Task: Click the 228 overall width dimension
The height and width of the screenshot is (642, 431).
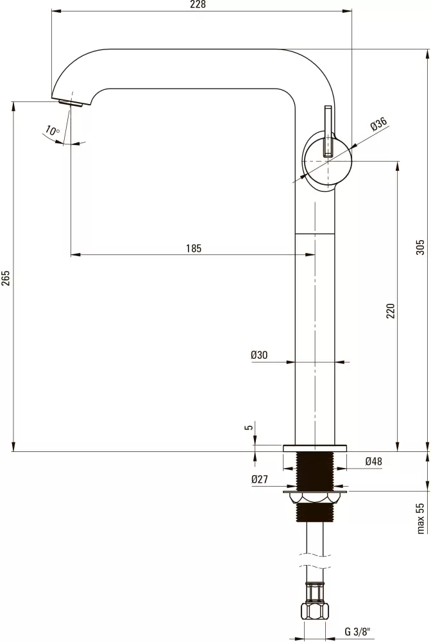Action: tap(198, 4)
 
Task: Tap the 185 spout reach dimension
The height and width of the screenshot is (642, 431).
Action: tap(194, 248)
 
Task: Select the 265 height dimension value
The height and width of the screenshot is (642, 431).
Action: tap(6, 278)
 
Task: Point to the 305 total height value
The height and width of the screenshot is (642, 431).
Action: tap(420, 247)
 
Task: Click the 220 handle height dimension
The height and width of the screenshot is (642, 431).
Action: tap(391, 311)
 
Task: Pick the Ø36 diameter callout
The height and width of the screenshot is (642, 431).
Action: tap(379, 124)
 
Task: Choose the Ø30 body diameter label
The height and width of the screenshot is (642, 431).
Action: tap(259, 355)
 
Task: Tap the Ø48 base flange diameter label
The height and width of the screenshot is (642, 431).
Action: tap(373, 462)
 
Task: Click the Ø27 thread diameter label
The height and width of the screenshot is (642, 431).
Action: tap(260, 479)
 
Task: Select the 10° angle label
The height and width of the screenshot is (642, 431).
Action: tap(52, 131)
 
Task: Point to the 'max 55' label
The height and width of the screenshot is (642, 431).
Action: tap(421, 518)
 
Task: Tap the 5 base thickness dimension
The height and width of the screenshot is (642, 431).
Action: tap(249, 428)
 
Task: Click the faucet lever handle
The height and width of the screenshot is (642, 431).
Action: tap(328, 132)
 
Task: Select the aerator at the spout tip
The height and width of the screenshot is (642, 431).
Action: tap(71, 102)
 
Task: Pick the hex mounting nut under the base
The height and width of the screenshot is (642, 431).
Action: tap(314, 498)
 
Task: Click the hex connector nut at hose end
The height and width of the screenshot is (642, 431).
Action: tap(315, 611)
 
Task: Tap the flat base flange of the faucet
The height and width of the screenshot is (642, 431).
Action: tap(314, 448)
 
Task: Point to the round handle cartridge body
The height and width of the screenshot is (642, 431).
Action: tap(327, 161)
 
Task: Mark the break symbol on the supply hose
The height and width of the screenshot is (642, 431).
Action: tap(314, 561)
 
